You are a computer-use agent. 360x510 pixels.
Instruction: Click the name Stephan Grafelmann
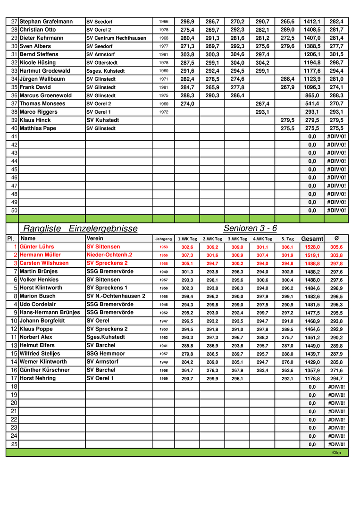click(46, 22)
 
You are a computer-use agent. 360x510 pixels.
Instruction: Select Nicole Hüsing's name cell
click(38, 63)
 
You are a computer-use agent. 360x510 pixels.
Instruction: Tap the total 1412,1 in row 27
click(312, 22)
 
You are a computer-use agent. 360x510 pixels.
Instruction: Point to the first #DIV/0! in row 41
click(336, 136)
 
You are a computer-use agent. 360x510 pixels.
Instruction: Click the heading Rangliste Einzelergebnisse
click(80, 229)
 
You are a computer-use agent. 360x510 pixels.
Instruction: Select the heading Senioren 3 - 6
click(250, 229)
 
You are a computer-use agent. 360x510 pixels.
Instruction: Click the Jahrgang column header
click(163, 239)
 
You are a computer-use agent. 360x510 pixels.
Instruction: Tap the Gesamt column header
click(312, 239)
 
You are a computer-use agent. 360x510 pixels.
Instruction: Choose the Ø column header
click(336, 238)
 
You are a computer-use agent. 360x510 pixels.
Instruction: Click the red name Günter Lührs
click(37, 247)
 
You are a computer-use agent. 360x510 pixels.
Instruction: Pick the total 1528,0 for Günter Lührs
click(312, 247)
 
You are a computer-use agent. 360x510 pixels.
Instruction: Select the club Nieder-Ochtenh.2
click(109, 255)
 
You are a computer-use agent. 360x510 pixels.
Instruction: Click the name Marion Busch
click(37, 296)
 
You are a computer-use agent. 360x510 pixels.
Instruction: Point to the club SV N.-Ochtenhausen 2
click(116, 296)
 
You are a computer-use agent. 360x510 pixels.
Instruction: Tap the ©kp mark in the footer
click(336, 452)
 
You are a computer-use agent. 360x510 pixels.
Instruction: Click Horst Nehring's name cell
click(37, 378)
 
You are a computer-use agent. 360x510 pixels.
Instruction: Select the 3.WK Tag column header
click(237, 239)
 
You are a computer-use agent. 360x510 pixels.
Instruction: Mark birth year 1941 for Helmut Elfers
click(163, 346)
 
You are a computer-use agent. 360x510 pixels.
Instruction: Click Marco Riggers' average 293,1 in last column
click(336, 112)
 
